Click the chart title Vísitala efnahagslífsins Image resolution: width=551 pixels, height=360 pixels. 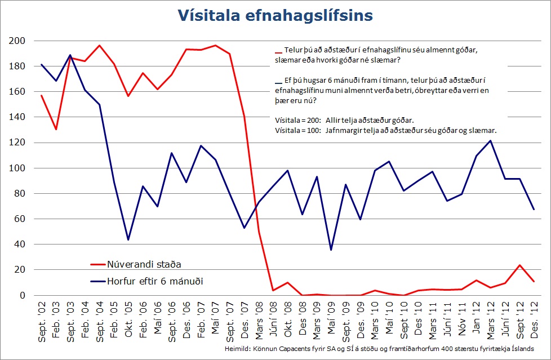coord(275,15)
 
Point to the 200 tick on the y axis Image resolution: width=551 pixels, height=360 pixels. coord(17,41)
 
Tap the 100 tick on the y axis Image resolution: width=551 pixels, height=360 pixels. coord(17,168)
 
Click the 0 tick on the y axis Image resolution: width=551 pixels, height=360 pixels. coord(23,295)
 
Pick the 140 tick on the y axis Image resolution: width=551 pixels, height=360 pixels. coord(17,117)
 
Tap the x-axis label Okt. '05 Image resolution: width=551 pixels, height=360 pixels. coord(128,319)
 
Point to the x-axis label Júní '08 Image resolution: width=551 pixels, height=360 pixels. coord(273,319)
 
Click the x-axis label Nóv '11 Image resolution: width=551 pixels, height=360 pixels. coord(461,318)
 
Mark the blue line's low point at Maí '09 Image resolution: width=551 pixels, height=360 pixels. coord(331,250)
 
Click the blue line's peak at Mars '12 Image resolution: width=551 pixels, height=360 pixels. coord(490,141)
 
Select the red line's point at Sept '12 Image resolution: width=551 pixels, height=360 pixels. coord(519,265)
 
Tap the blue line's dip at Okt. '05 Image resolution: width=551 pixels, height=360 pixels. coord(128,239)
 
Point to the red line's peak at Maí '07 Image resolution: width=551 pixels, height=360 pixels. coord(215,46)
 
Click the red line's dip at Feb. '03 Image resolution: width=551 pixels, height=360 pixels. coord(56,130)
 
